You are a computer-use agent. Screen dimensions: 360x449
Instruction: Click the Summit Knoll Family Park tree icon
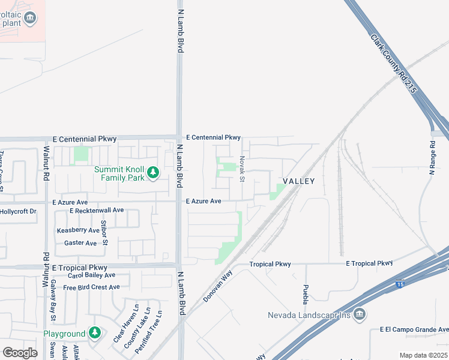click(153, 173)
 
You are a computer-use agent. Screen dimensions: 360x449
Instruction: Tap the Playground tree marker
click(94, 333)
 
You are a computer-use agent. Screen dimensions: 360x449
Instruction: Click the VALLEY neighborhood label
click(299, 181)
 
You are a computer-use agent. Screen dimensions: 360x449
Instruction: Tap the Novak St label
click(242, 169)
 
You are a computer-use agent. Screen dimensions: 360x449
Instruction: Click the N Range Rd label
click(432, 158)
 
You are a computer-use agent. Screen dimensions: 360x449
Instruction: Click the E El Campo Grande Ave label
click(414, 329)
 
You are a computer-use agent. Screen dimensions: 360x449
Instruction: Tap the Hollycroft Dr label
click(19, 211)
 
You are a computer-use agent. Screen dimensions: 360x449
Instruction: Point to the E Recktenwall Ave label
click(96, 211)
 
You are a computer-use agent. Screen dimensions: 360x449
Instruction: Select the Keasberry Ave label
click(78, 230)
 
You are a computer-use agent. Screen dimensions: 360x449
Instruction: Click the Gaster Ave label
click(80, 243)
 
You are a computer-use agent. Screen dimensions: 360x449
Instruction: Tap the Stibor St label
click(104, 233)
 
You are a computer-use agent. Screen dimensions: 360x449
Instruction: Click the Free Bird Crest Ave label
click(91, 287)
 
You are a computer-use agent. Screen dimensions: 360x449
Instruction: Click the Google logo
click(20, 353)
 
